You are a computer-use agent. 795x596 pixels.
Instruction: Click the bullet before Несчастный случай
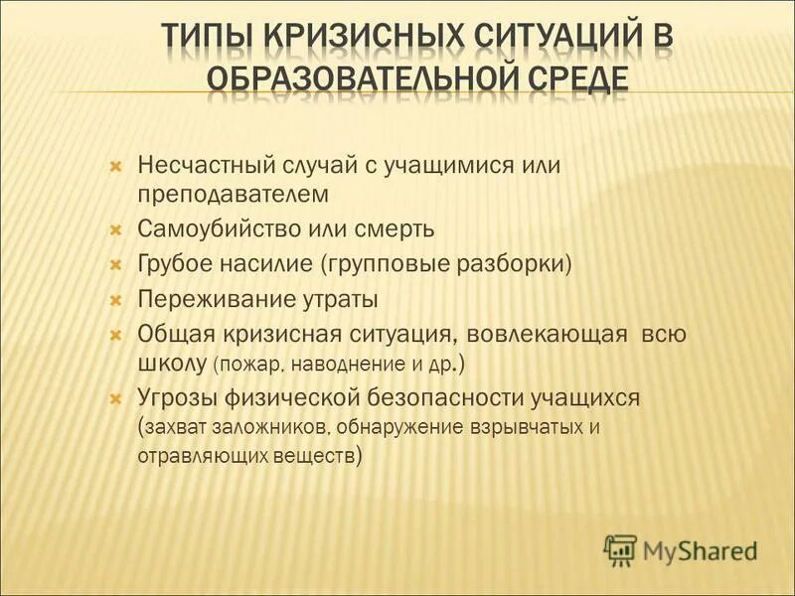click(115, 164)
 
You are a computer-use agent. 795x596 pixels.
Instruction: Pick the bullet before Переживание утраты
click(115, 299)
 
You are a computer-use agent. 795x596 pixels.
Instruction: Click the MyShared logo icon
click(620, 548)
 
